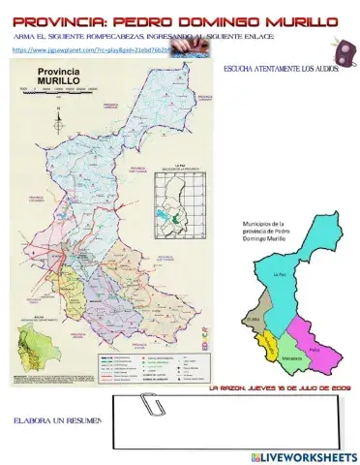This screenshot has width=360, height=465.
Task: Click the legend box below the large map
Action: (145, 362)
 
